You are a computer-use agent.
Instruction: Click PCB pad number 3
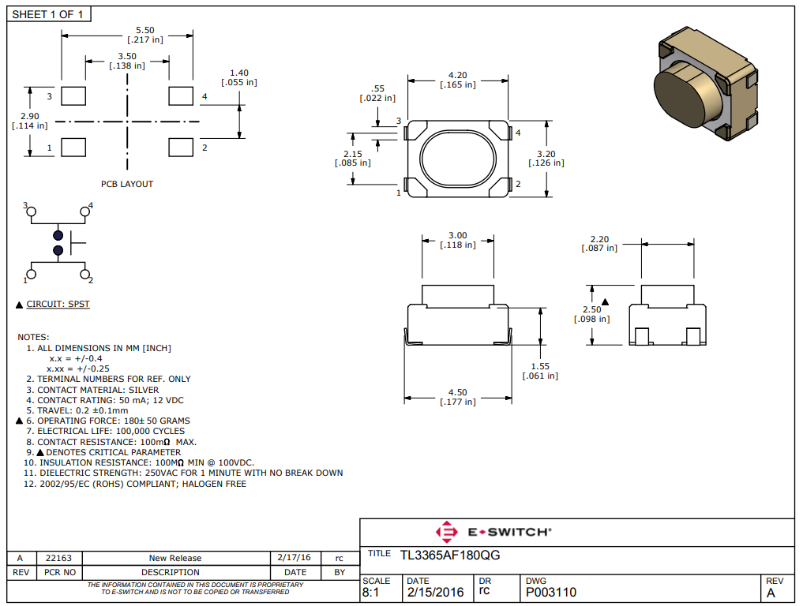(x=73, y=96)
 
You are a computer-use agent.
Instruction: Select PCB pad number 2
(x=181, y=148)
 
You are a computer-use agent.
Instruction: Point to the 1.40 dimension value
(x=238, y=72)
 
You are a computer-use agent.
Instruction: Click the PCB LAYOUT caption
(x=127, y=184)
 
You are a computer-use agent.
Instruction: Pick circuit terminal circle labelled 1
(x=31, y=275)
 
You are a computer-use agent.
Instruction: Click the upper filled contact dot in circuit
(x=58, y=236)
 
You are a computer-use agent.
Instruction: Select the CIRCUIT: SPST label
(x=58, y=304)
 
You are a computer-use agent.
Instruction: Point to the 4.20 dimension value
(x=457, y=75)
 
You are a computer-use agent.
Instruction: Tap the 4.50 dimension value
(x=457, y=392)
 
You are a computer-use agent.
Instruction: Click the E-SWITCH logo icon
(x=446, y=532)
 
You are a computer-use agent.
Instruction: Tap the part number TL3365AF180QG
(x=450, y=555)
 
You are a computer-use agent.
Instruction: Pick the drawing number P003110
(x=551, y=592)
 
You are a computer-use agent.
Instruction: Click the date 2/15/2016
(x=435, y=592)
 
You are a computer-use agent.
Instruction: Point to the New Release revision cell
(x=175, y=558)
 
